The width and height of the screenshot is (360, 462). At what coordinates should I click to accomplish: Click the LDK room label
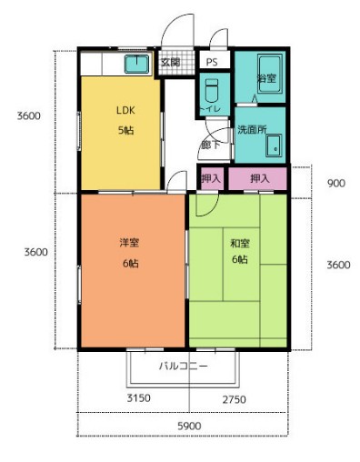(x=125, y=111)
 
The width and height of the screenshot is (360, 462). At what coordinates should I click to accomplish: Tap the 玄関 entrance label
(x=170, y=63)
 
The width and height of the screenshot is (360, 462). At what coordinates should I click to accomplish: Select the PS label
(x=211, y=63)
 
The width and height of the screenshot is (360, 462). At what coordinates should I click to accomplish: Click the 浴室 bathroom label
(x=266, y=79)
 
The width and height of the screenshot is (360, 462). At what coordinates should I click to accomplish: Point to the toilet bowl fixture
(x=211, y=92)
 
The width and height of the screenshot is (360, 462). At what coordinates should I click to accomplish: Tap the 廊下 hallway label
(x=210, y=144)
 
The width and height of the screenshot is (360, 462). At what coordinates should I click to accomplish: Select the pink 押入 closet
(x=259, y=179)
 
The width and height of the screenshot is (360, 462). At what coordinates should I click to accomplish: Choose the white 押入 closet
(x=211, y=179)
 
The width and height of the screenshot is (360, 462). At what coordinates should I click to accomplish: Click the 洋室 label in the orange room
(x=129, y=243)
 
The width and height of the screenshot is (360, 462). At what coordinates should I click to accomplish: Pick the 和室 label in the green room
(x=240, y=243)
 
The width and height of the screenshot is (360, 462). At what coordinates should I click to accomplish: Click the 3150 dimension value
(x=136, y=398)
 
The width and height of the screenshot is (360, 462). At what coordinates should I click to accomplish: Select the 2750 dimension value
(x=234, y=398)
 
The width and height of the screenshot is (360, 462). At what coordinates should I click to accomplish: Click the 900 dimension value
(x=335, y=183)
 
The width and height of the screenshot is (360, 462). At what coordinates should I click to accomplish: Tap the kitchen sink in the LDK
(x=136, y=64)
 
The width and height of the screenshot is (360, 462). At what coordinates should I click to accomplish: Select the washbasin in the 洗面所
(x=276, y=146)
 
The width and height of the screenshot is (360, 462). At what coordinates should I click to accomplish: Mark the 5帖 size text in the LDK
(x=125, y=131)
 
